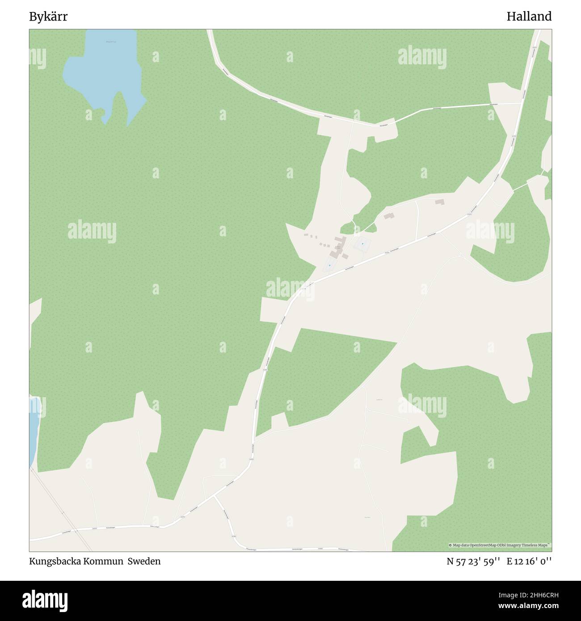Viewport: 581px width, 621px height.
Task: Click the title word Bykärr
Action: pos(48,17)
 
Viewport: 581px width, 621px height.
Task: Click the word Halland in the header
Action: pos(529,17)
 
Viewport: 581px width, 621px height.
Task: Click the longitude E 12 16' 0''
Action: pos(529,561)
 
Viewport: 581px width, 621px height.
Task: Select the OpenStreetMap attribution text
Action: pos(499,545)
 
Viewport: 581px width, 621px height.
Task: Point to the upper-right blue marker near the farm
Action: pos(362,244)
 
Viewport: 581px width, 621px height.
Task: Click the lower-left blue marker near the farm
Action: pos(330,265)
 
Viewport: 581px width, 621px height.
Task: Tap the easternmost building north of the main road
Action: pos(440,202)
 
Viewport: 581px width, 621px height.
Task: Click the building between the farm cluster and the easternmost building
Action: pos(389,216)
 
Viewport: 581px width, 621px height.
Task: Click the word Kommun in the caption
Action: pos(106,561)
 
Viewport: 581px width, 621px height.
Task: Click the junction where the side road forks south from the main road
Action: pos(215,496)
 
